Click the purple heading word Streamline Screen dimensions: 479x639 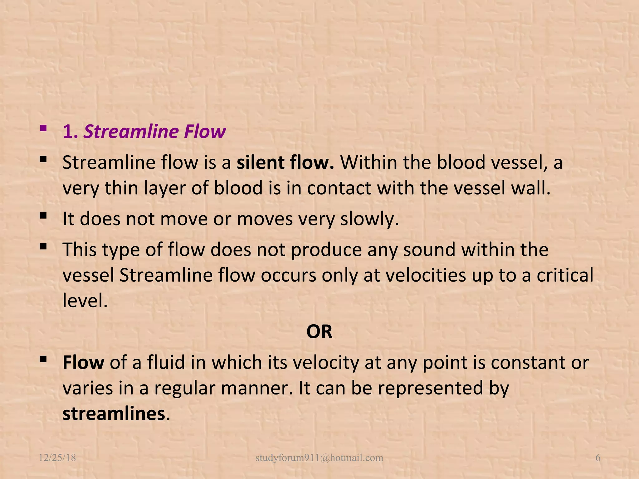click(131, 132)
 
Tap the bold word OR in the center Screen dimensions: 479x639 click(319, 331)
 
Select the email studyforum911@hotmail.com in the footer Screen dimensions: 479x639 click(319, 458)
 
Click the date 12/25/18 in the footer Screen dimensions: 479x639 click(57, 458)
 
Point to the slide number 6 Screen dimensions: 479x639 click(598, 458)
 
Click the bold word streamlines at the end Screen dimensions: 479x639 click(114, 414)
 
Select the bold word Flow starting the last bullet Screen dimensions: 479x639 click(83, 363)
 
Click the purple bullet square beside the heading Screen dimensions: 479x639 click(44, 128)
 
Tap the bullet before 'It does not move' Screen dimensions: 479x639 click(44, 215)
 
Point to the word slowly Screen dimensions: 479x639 click(369, 219)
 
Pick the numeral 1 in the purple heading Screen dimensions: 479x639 click(69, 132)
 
